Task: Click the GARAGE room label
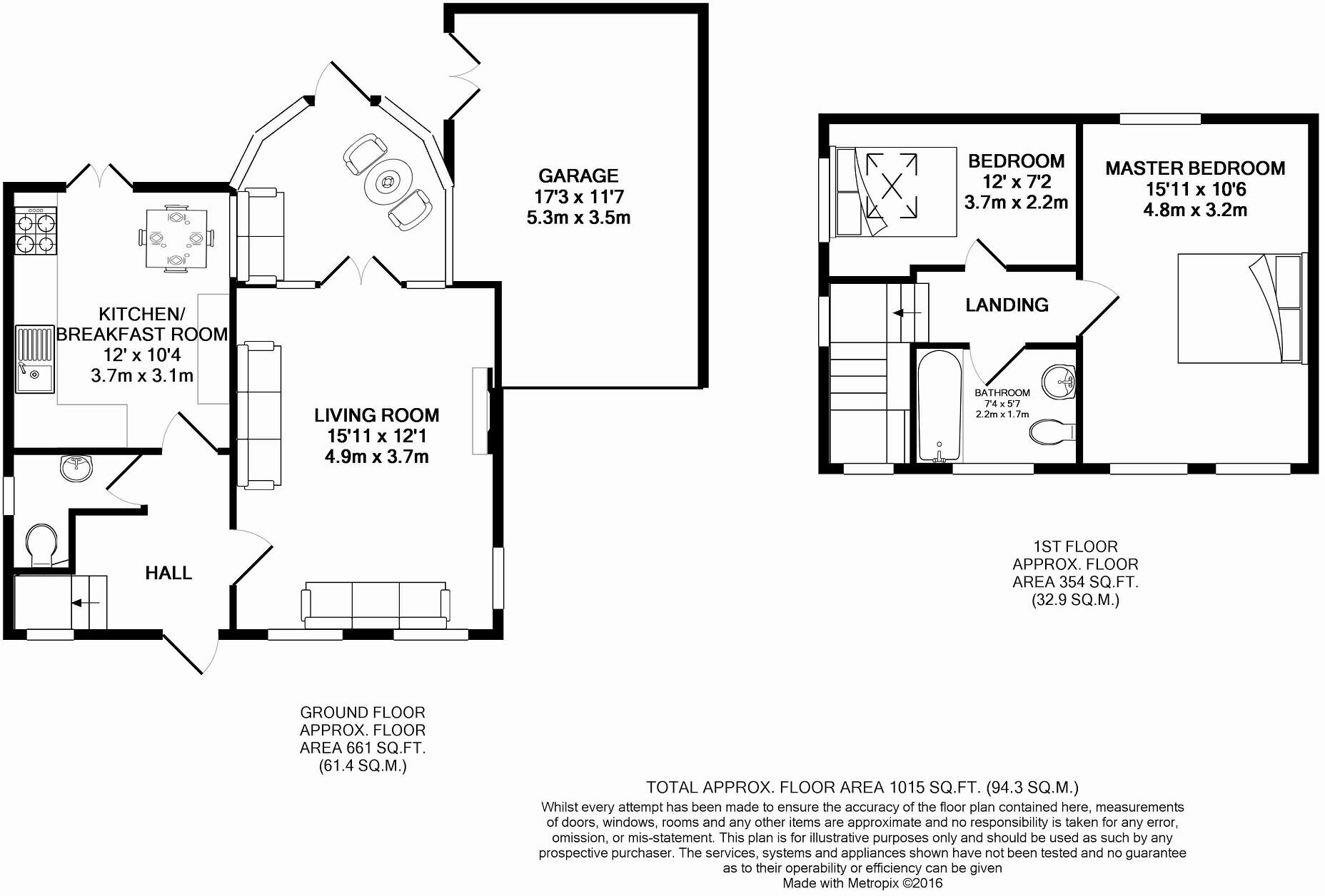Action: click(578, 175)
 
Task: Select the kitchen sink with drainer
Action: click(34, 359)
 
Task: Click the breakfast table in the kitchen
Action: click(176, 239)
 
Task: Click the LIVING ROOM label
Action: click(376, 415)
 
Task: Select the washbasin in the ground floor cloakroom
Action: click(76, 468)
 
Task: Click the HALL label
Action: click(168, 573)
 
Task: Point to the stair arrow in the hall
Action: click(86, 604)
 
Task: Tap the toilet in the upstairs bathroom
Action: click(1052, 432)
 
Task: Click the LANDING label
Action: click(1007, 305)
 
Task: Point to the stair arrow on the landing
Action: click(907, 312)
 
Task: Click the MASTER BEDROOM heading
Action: click(1195, 168)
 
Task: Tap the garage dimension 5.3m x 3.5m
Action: click(578, 218)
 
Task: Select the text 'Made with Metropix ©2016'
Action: click(862, 883)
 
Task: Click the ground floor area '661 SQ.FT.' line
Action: click(363, 748)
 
